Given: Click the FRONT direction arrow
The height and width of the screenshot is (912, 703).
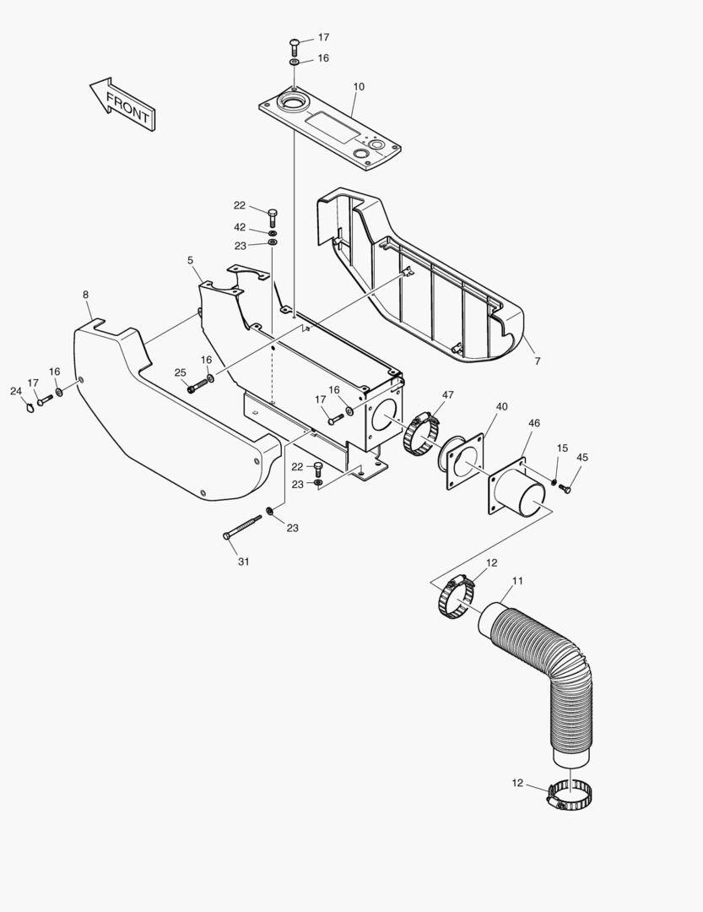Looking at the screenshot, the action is (x=122, y=104).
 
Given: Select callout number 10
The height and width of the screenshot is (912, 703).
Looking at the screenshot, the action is (x=359, y=87).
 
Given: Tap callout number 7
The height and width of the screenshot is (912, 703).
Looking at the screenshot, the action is (x=538, y=361).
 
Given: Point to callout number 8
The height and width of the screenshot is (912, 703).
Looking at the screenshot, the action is (x=85, y=295).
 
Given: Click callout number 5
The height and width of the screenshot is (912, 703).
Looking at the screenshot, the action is (x=190, y=260).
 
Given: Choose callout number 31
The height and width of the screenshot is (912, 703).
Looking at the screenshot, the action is (x=244, y=562).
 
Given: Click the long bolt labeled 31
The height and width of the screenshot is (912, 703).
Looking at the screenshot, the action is (x=242, y=527).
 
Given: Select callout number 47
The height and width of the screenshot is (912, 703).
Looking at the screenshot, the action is (x=448, y=395).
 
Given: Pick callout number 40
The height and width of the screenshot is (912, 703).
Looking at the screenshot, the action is (x=501, y=406).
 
